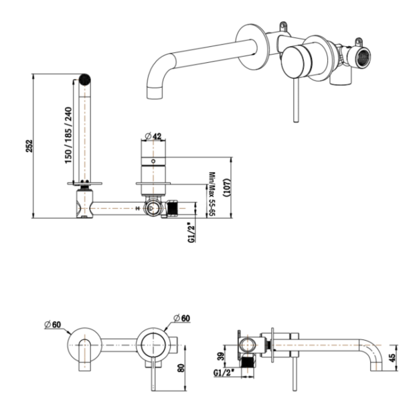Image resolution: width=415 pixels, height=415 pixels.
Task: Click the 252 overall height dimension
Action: coord(29,146)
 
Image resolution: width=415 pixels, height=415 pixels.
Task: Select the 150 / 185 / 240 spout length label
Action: coord(68,135)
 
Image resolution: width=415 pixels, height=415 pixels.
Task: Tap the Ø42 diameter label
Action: coord(153,136)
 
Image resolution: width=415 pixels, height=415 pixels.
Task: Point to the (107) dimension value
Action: coord(227,187)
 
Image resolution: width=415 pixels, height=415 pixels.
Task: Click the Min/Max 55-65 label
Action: coord(212,194)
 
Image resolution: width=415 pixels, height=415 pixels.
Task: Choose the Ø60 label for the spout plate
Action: coord(53,324)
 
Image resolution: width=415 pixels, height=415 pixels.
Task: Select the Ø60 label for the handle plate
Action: coord(182,317)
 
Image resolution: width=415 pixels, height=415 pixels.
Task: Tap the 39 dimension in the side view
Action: coord(221,355)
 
